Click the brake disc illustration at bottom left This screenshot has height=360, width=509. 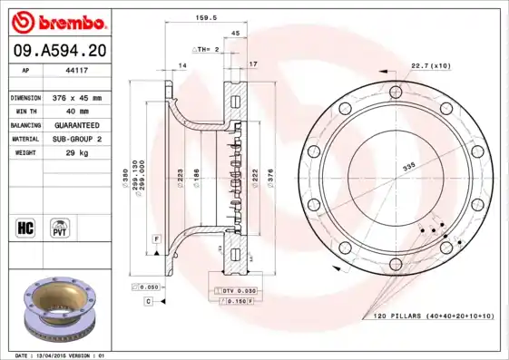[x=56, y=313]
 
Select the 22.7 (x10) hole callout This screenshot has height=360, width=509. [x=431, y=66]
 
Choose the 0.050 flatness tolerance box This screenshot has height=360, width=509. [x=151, y=287]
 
